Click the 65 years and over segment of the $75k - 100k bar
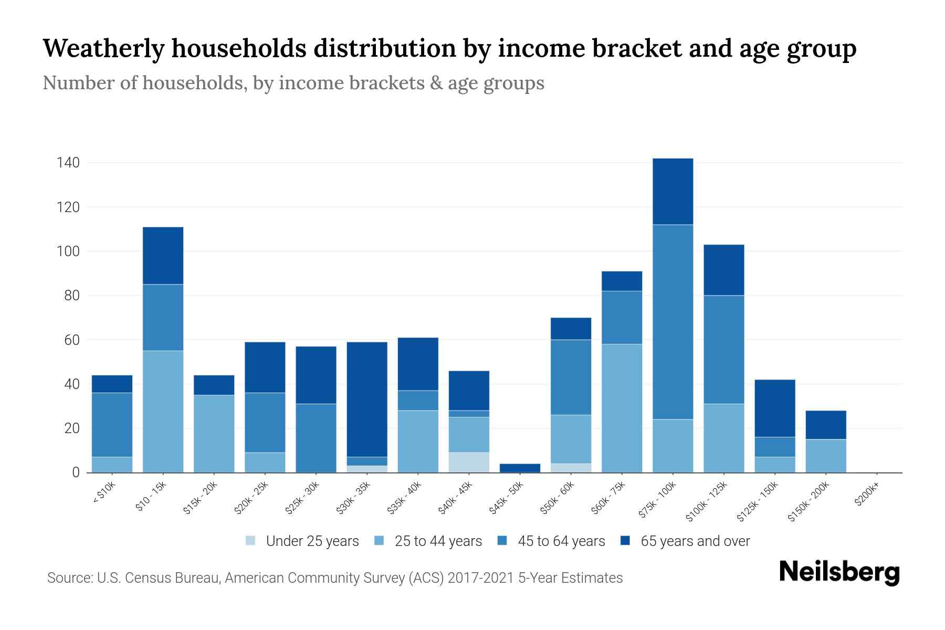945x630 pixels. click(x=673, y=192)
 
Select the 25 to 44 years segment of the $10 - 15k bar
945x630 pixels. click(x=163, y=411)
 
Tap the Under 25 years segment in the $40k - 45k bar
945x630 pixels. click(x=469, y=462)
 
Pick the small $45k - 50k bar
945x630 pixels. click(x=520, y=468)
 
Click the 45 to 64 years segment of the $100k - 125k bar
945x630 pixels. click(x=723, y=350)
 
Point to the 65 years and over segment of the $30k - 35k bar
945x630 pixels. click(x=367, y=399)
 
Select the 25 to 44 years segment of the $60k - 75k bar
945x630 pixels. click(x=622, y=408)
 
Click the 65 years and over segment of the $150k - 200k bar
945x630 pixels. click(x=826, y=425)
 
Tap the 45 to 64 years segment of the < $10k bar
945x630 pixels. click(x=112, y=424)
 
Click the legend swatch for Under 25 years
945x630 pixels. click(x=250, y=541)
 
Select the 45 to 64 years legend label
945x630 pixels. click(x=561, y=541)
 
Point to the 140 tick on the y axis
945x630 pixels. click(x=68, y=163)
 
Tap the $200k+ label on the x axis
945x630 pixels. click(x=867, y=496)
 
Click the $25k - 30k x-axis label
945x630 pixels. click(x=302, y=498)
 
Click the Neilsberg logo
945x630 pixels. click(x=839, y=572)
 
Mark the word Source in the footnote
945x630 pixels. click(x=68, y=578)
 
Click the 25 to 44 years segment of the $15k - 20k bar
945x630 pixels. click(x=214, y=434)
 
